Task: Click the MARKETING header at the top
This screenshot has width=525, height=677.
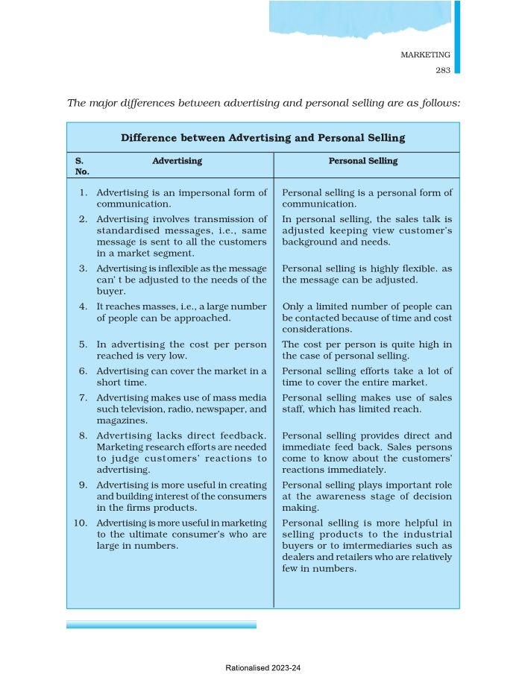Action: click(426, 55)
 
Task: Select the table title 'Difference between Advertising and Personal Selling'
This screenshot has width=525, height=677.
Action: click(262, 138)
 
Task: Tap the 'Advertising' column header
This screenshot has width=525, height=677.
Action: click(177, 161)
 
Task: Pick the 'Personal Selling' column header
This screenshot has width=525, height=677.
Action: click(363, 161)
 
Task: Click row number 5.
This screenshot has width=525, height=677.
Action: click(84, 344)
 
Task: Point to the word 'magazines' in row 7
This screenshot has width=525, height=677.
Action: click(121, 421)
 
